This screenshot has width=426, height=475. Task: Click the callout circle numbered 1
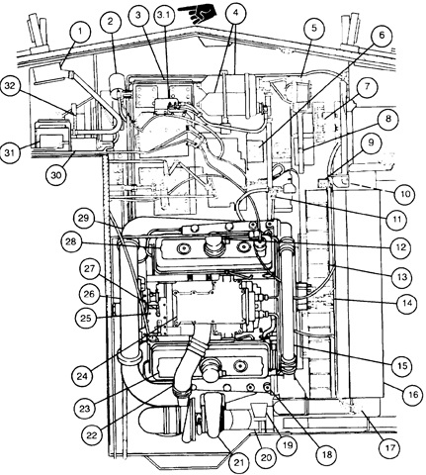click(80, 32)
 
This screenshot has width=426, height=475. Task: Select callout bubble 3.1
click(165, 16)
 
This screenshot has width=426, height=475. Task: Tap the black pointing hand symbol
click(197, 13)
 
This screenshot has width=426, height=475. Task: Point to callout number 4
click(235, 13)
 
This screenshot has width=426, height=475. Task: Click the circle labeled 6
click(382, 35)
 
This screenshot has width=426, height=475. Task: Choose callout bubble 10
click(405, 193)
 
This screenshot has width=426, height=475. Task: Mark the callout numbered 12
click(400, 247)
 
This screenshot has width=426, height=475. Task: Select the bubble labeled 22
click(91, 435)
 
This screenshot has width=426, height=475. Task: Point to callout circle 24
click(82, 376)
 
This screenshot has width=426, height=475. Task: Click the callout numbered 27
click(89, 268)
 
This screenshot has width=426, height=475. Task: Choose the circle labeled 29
click(84, 219)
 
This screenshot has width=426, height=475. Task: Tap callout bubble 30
click(56, 175)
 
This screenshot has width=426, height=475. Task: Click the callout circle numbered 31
click(10, 152)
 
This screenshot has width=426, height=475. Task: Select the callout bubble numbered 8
click(387, 119)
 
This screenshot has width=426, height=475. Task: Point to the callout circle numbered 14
click(407, 303)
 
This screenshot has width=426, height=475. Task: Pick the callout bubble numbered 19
click(288, 445)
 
